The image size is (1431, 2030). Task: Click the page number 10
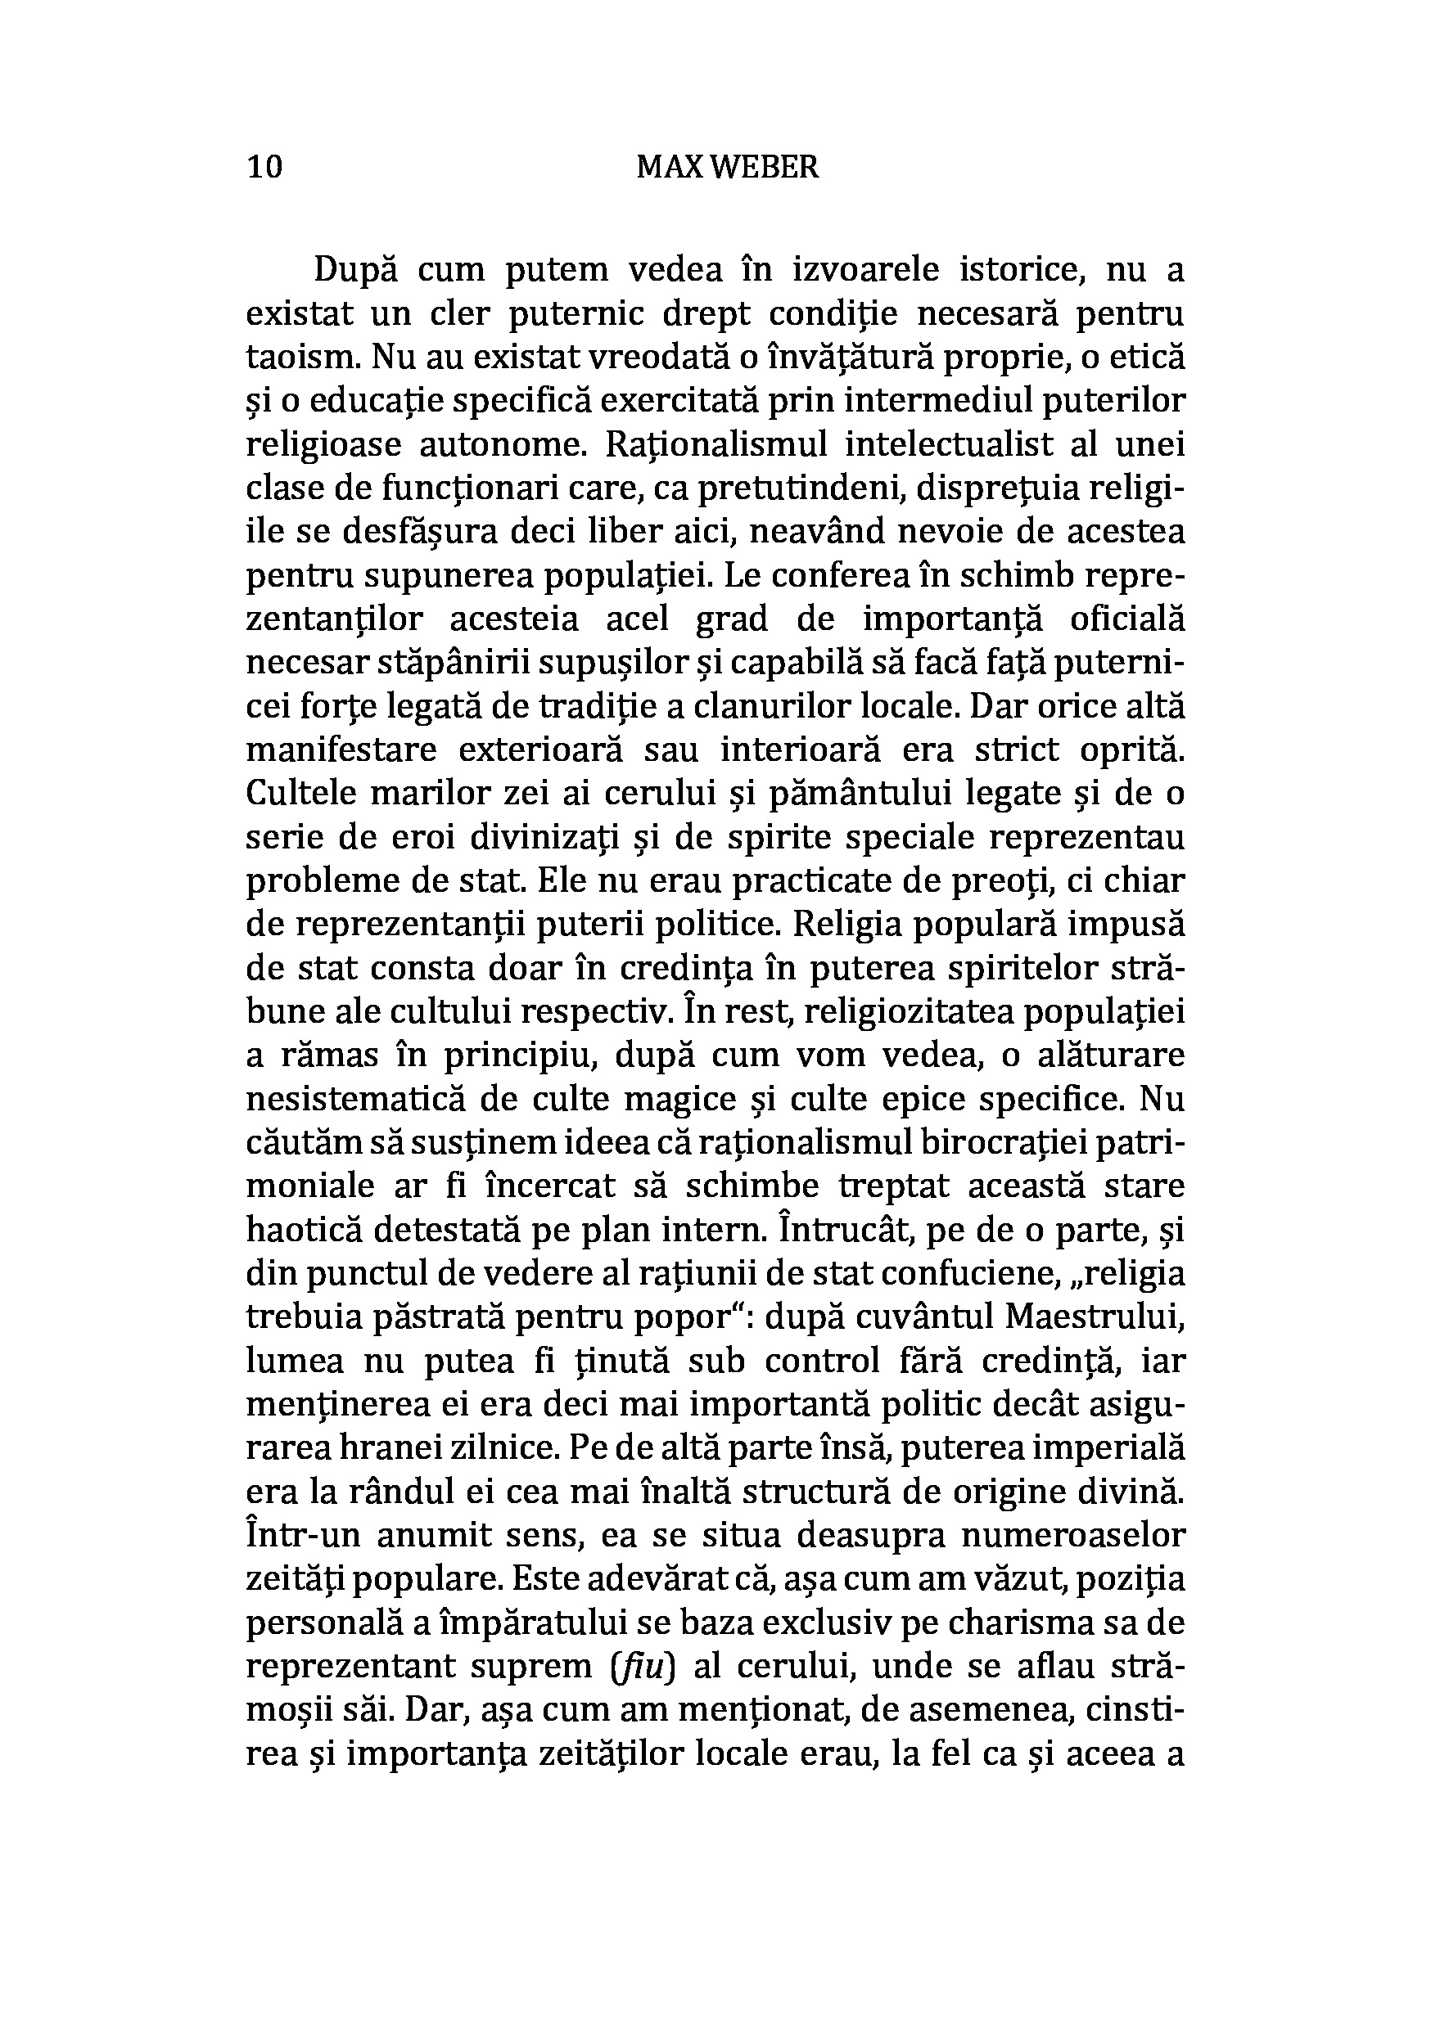coord(264,166)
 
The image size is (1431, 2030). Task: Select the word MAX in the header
coord(670,166)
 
